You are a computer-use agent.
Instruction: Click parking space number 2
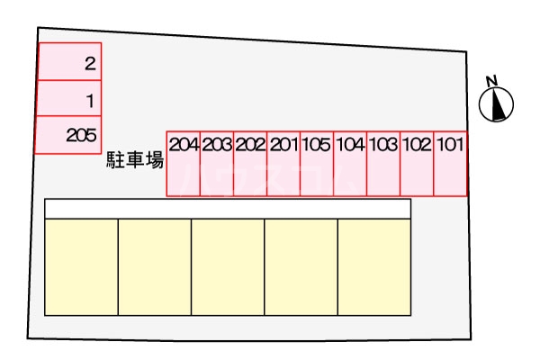[68, 63]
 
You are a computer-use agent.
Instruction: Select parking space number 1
[68, 99]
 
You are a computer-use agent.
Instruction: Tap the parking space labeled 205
[68, 135]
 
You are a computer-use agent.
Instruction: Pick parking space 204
[184, 163]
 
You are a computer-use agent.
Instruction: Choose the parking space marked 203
[217, 163]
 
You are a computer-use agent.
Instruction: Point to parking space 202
[250, 163]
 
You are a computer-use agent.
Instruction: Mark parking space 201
[283, 163]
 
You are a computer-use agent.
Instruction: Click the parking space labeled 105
[317, 163]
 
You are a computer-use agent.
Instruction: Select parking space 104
[350, 163]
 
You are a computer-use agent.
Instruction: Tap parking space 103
[383, 163]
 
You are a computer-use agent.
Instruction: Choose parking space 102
[417, 163]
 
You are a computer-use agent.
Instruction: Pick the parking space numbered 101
[450, 163]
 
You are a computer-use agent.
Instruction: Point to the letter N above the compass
[491, 81]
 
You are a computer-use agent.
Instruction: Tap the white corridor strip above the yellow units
[228, 209]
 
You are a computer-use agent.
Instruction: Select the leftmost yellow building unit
[81, 266]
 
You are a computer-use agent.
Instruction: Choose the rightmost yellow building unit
[374, 266]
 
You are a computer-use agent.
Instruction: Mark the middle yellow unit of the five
[228, 266]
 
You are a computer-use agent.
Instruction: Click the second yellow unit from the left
[155, 266]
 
